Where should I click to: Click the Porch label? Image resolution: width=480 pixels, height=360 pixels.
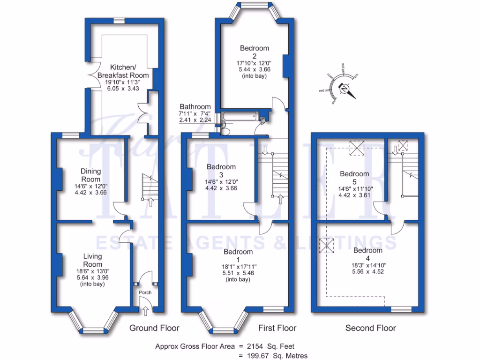point(145,292)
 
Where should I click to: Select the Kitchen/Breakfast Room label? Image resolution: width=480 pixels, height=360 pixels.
point(123,71)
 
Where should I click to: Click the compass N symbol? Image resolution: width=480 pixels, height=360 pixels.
point(345,89)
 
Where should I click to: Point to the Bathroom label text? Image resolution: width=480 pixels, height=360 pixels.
point(195,107)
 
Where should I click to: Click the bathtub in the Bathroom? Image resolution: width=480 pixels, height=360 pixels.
point(239,116)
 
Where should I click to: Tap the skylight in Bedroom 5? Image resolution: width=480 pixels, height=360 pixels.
point(358,148)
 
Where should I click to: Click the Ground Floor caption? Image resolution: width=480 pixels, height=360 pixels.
point(154,328)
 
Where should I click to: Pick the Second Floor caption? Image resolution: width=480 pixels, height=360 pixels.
point(370,328)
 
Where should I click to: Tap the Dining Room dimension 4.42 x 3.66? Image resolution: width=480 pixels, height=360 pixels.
point(90,193)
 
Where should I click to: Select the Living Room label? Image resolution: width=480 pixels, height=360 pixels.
point(92,260)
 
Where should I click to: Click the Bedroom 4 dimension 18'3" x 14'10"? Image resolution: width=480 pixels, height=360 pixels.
point(367,264)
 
